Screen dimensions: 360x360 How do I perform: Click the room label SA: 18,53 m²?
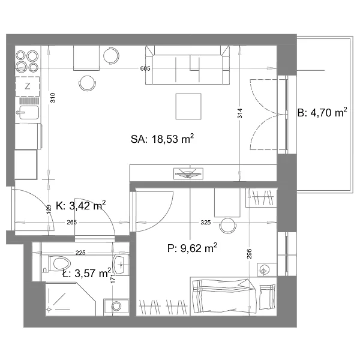(163, 139)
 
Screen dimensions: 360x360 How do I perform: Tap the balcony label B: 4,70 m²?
(322, 113)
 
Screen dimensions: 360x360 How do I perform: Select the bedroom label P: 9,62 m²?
(192, 248)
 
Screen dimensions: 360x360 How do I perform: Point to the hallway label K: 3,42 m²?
(81, 205)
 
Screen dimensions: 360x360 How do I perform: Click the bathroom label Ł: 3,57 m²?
(87, 273)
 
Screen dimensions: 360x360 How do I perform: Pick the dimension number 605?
(145, 68)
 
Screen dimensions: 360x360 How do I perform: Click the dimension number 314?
(239, 113)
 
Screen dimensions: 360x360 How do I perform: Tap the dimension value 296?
(250, 254)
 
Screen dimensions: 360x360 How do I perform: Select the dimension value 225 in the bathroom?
(80, 253)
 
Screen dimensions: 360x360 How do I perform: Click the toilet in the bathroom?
(59, 263)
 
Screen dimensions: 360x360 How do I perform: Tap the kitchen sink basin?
(29, 113)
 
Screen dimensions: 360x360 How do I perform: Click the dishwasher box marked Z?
(28, 86)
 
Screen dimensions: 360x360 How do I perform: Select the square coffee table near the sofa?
(188, 106)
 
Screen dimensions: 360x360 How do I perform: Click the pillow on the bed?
(267, 297)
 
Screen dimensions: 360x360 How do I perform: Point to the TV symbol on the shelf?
(188, 173)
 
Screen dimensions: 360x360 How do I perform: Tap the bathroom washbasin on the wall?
(121, 265)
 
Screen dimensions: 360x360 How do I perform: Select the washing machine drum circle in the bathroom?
(116, 306)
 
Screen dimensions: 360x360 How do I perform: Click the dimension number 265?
(71, 222)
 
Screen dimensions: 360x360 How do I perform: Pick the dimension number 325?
(205, 222)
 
